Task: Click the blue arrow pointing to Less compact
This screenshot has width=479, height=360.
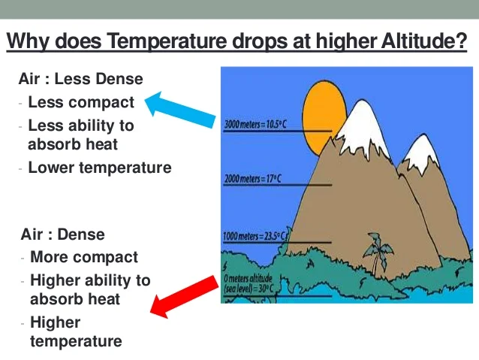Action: coord(179,109)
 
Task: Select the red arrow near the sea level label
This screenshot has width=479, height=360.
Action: coord(184,297)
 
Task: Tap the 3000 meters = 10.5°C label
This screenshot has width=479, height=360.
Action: coord(255,125)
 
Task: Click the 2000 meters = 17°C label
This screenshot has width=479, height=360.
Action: coord(252,179)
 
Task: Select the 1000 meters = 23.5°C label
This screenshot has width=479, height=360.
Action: coord(255,236)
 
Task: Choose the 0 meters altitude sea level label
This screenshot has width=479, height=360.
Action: coord(249,283)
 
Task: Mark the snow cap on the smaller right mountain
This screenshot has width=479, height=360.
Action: coord(422,154)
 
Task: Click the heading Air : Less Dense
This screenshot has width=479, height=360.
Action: coord(80,79)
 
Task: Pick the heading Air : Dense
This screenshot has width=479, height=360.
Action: coord(63,234)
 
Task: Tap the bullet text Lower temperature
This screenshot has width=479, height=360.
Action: coord(100,168)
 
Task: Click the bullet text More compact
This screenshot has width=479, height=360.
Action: coord(84,257)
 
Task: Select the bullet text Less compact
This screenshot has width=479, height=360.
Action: coord(81,102)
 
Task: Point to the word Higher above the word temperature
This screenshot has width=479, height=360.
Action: coord(56,322)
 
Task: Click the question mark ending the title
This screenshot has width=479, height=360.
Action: coord(461,40)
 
